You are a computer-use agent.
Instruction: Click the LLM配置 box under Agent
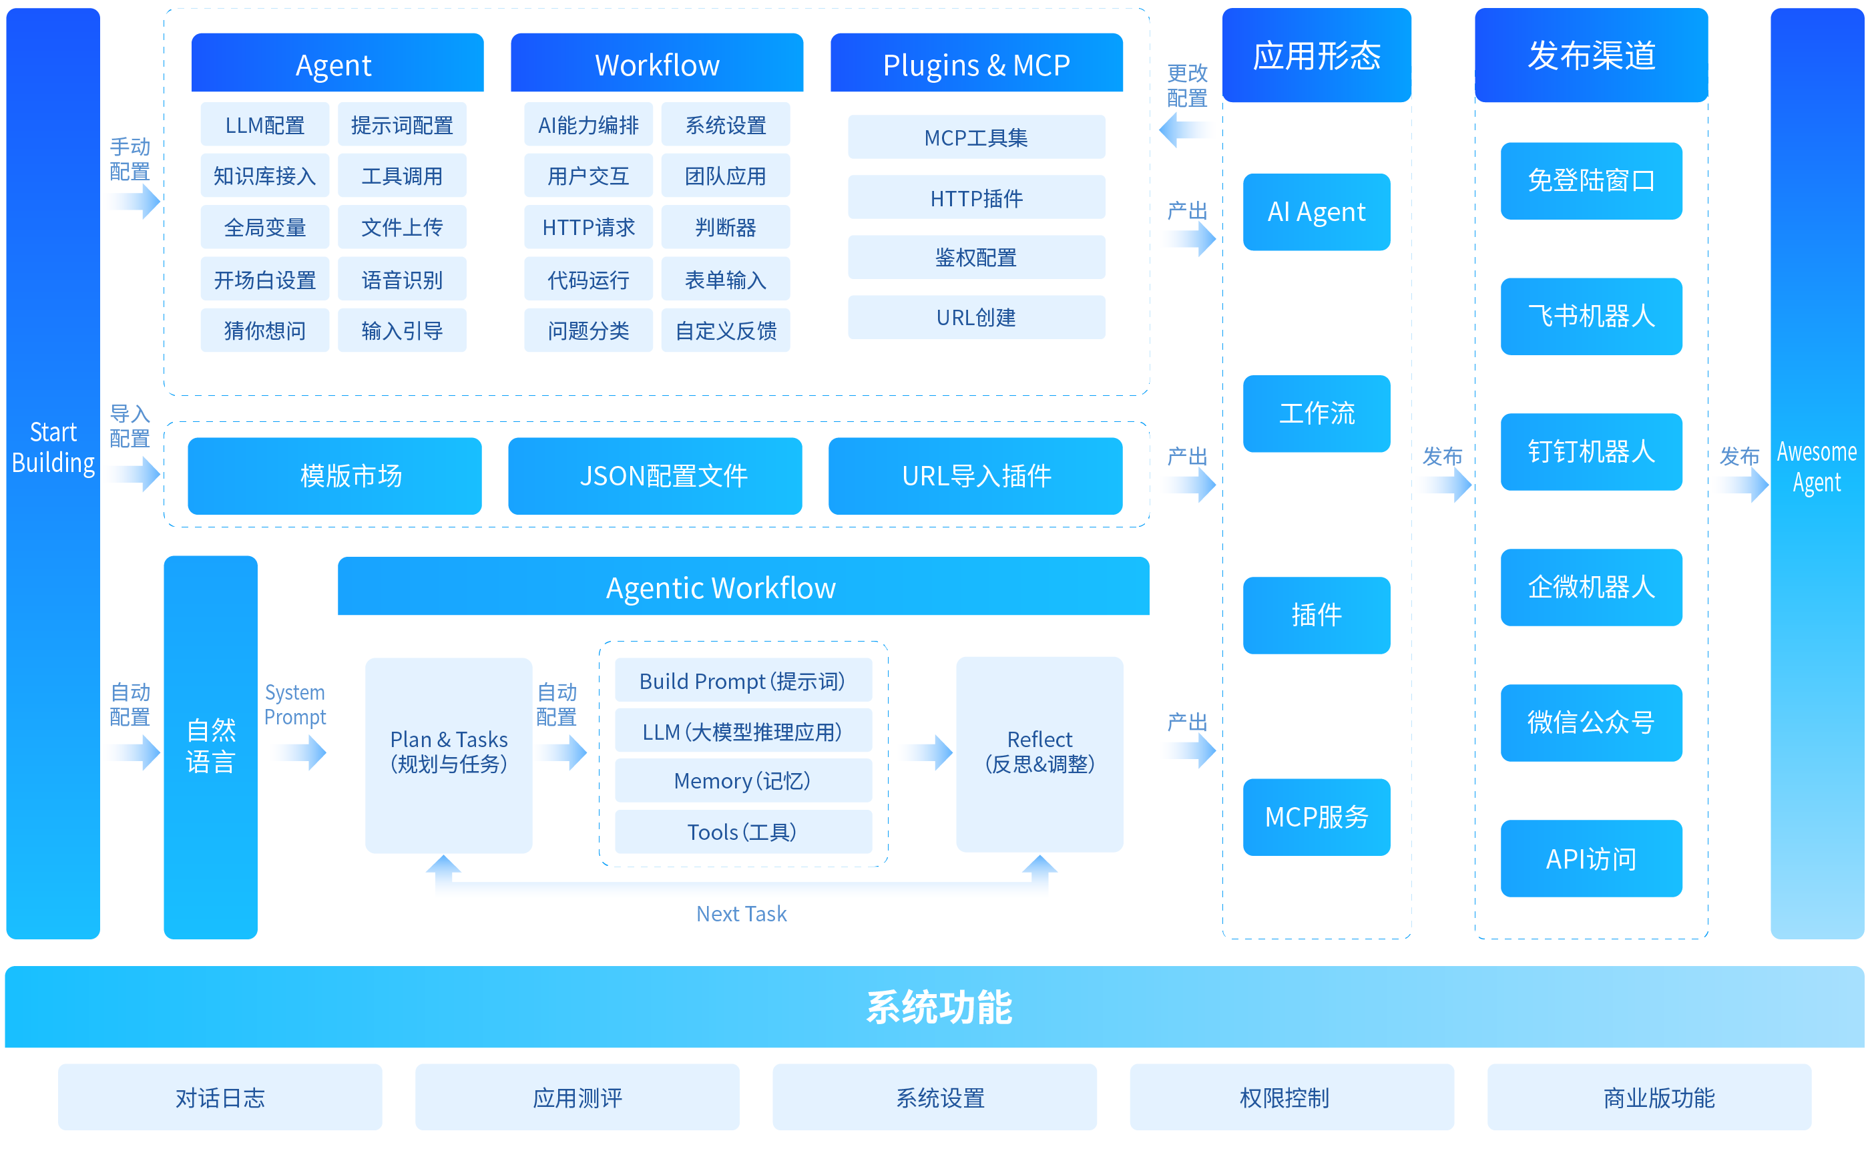coord(264,124)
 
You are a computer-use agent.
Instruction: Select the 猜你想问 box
coord(264,330)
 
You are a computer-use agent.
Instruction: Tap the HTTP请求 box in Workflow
coord(588,227)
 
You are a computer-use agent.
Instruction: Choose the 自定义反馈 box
coord(725,330)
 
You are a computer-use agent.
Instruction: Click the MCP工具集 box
coord(975,138)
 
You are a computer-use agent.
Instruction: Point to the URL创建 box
coord(975,317)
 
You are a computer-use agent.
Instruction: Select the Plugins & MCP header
coord(975,64)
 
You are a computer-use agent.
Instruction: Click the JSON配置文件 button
coord(663,476)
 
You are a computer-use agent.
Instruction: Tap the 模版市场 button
coord(350,476)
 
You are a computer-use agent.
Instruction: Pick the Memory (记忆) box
coord(742,780)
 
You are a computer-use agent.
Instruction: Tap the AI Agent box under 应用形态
coord(1315,212)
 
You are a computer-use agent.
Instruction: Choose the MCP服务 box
coord(1315,817)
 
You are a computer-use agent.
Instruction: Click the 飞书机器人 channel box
coord(1590,316)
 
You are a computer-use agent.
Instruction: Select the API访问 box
coord(1590,859)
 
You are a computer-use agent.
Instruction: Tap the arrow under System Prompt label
coord(299,752)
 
